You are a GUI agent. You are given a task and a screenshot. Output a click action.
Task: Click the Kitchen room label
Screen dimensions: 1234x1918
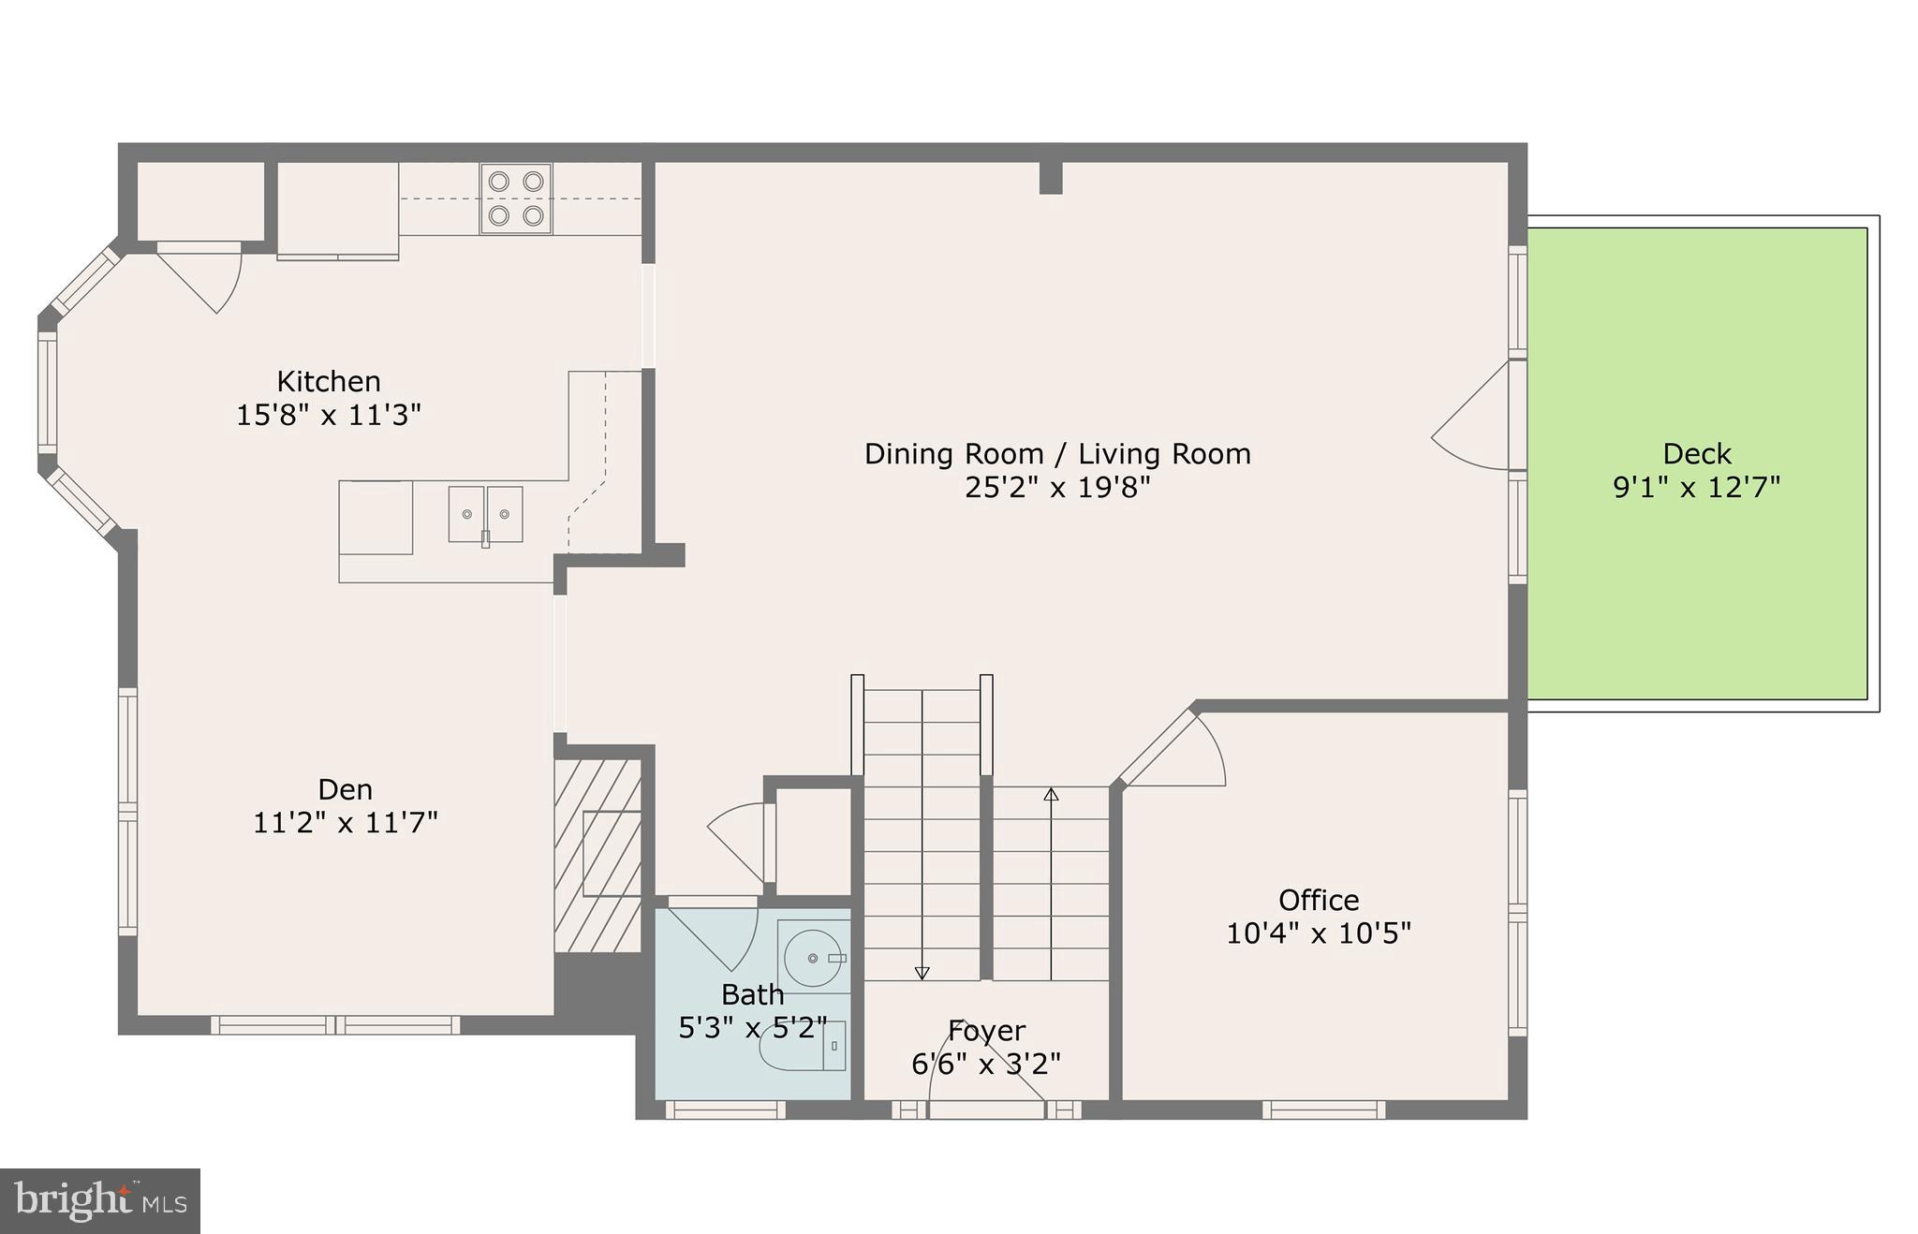329,381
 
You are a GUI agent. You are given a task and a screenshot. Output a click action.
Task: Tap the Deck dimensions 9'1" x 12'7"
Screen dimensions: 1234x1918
1696,488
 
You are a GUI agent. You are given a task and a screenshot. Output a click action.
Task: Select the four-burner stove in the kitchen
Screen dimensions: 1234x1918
516,198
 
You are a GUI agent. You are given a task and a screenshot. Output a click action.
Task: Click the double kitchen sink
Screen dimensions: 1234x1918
485,514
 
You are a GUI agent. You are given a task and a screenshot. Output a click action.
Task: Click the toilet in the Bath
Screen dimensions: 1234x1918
804,1047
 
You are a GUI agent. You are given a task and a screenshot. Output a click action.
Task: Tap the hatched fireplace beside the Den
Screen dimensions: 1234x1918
598,856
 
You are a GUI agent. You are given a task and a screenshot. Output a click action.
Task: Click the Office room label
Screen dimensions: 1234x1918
1319,900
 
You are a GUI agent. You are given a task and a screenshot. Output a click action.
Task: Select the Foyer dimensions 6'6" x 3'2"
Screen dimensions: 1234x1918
986,1065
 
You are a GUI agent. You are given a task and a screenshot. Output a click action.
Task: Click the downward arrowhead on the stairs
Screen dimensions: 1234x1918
922,973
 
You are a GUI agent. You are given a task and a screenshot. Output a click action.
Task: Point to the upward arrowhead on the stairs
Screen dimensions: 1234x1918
1051,795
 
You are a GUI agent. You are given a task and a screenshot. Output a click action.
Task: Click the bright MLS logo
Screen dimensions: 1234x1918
100,1201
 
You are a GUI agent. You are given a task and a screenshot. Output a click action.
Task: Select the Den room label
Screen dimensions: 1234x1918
345,789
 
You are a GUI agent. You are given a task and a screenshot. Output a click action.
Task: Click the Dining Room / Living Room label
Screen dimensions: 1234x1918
1057,454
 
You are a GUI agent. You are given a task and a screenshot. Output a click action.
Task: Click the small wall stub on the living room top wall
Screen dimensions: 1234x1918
1051,178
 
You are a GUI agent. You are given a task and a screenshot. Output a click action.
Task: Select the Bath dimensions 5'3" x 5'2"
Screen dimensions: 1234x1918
753,1028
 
